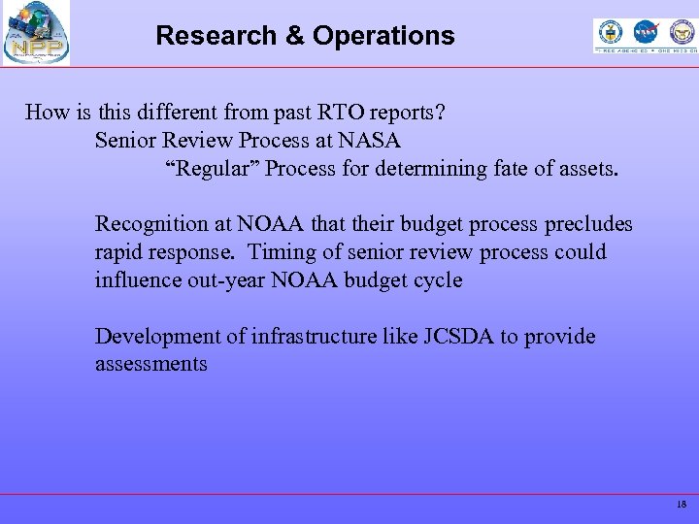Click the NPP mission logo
36,33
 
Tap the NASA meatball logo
646,32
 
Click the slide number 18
682,505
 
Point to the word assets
583,169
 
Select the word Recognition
150,224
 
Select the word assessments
150,365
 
